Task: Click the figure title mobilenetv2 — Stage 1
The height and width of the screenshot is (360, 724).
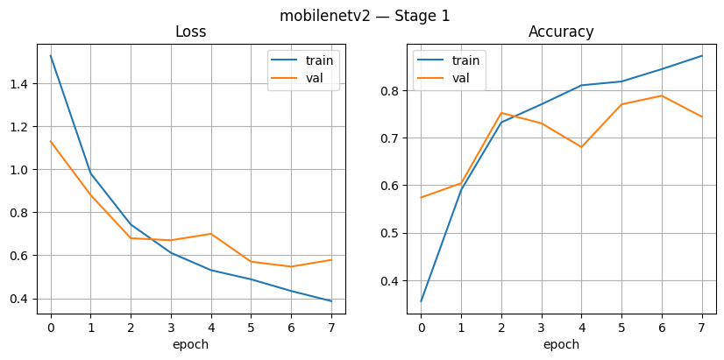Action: click(364, 15)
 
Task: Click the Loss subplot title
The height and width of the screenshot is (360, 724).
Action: click(191, 32)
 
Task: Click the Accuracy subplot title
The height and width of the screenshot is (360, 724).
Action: click(561, 32)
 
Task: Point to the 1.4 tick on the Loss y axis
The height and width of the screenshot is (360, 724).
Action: click(18, 84)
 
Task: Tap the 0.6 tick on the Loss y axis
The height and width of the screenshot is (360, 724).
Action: click(18, 256)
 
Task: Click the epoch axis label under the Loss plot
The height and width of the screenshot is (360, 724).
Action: click(191, 345)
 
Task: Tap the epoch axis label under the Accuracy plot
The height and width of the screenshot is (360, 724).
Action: click(561, 345)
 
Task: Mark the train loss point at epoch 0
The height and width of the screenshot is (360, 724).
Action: click(50, 56)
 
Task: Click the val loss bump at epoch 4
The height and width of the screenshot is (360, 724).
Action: click(210, 234)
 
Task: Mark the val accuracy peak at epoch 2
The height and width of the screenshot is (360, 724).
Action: click(501, 113)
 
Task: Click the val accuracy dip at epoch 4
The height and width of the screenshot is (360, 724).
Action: click(581, 147)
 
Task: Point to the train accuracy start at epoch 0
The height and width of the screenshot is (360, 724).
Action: click(421, 301)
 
